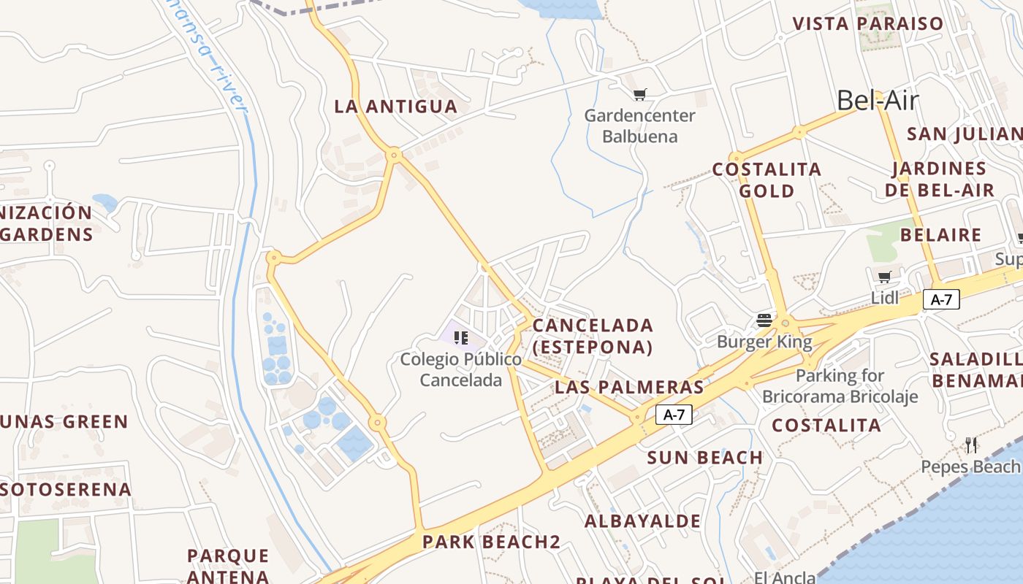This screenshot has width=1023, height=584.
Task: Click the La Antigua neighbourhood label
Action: point(395,107)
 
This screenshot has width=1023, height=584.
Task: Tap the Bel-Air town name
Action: point(877,101)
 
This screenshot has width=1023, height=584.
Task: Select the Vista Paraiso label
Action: point(868,23)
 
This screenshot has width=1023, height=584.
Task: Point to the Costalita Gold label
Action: point(767,180)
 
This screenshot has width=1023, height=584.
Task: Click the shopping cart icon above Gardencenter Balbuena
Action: point(640,94)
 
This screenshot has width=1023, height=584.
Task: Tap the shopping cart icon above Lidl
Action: point(884,277)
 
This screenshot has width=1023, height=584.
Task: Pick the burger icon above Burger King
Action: point(764,320)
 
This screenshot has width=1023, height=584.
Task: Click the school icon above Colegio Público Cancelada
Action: point(460,337)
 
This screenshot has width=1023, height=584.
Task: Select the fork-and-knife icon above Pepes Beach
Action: point(971,445)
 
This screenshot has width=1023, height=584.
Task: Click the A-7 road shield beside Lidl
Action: point(941,299)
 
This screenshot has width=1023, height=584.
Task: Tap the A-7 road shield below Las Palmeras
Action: point(673,415)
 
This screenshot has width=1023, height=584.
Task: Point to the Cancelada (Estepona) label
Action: point(593,336)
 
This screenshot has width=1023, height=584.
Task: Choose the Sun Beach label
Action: point(704,458)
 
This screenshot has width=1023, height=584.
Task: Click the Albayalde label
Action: point(642,521)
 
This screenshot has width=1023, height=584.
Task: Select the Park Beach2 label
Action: point(491,542)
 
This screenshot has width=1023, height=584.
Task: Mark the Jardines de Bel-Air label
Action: point(939,180)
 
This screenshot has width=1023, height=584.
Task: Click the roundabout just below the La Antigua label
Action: point(395,155)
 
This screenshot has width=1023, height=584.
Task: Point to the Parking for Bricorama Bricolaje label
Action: point(840,386)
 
